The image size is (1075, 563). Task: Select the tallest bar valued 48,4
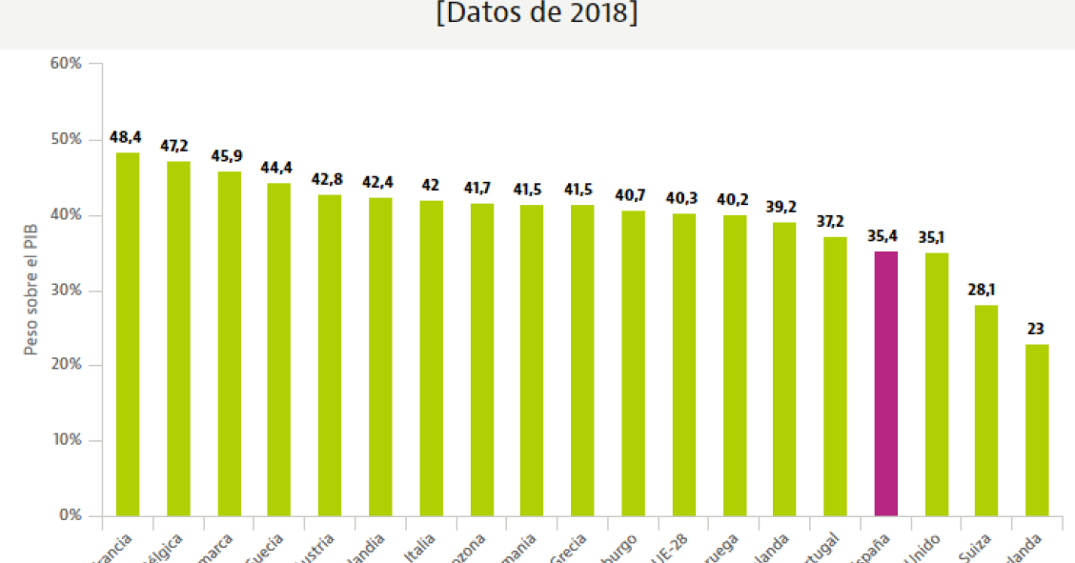click(128, 333)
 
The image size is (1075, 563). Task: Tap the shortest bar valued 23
click(1037, 430)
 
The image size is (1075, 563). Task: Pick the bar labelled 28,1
click(985, 410)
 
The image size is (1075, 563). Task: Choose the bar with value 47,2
click(178, 338)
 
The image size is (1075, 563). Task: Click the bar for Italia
click(431, 358)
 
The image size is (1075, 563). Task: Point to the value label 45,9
click(229, 156)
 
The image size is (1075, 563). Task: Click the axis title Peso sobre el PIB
click(30, 291)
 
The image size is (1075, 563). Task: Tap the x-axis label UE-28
click(679, 547)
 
